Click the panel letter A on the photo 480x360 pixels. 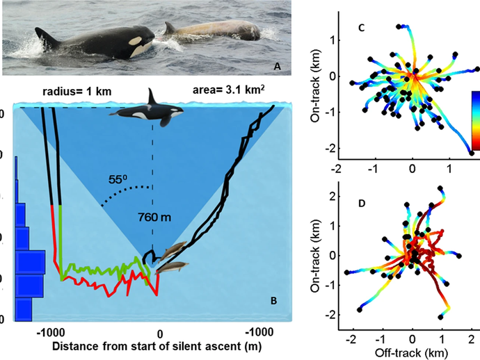coord(278,66)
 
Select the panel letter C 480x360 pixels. coord(361,28)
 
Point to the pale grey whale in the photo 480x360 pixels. coord(212,31)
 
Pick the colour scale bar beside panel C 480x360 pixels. coord(476,122)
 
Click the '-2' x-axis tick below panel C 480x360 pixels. coord(337,168)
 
